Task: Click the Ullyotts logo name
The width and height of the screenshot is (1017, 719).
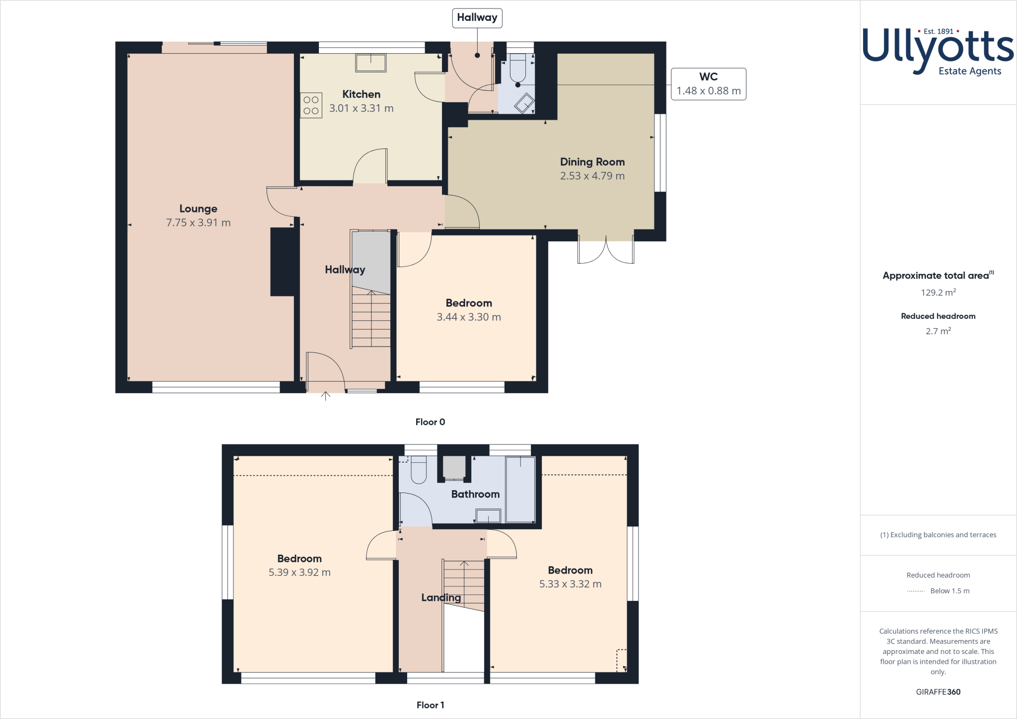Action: [x=938, y=47]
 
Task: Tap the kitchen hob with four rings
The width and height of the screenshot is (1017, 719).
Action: [x=311, y=105]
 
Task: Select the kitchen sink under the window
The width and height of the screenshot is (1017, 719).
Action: [x=370, y=63]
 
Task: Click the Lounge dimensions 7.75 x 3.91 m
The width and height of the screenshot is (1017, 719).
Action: [x=198, y=222]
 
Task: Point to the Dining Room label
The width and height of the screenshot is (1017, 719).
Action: [x=592, y=162]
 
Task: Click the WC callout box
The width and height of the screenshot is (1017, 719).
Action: [x=708, y=84]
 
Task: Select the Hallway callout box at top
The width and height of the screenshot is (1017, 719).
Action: [x=477, y=18]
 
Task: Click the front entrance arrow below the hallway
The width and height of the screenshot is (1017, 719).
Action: [x=325, y=396]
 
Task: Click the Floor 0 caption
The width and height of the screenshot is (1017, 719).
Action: [x=430, y=422]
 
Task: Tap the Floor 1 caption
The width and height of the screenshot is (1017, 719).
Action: [x=430, y=705]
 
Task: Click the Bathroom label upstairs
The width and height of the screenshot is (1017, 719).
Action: [x=475, y=494]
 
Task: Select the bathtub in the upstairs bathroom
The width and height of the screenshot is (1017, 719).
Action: [x=520, y=489]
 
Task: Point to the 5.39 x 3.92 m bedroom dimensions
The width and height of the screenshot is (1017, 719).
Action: [x=299, y=573]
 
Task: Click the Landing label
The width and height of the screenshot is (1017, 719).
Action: [x=440, y=598]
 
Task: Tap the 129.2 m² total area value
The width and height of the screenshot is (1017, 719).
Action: [x=938, y=292]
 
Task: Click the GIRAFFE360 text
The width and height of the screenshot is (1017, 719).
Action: [x=938, y=692]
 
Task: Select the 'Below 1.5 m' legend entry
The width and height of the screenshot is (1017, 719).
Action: [x=949, y=591]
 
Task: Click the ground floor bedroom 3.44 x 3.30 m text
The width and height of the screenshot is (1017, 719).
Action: [x=468, y=317]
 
